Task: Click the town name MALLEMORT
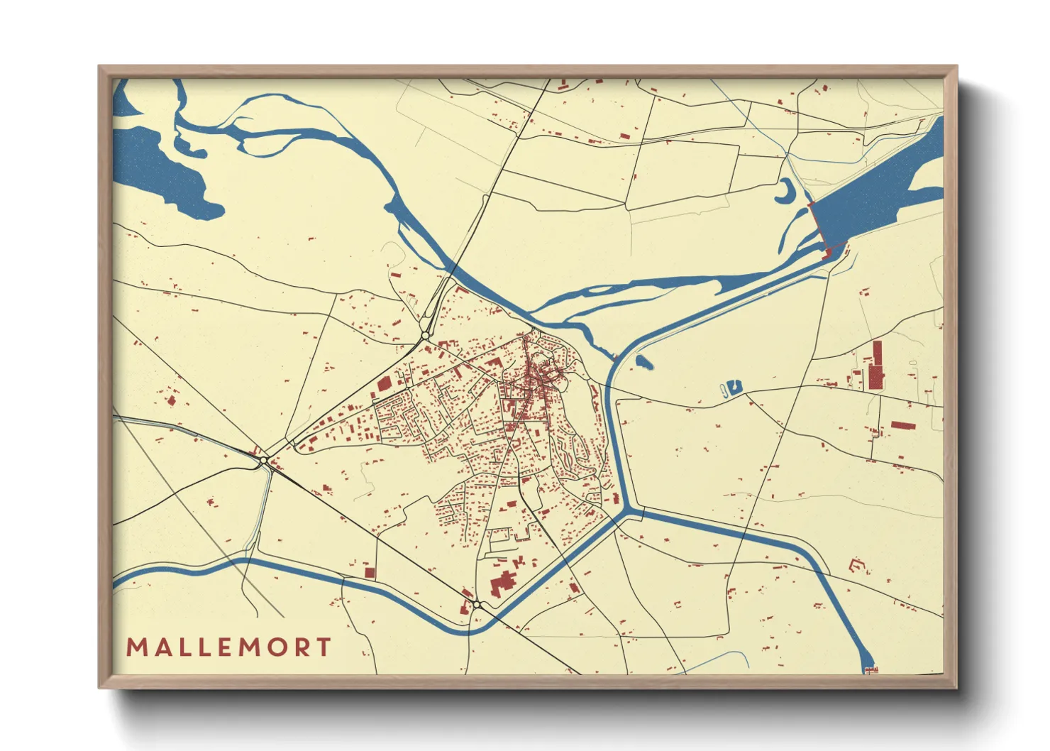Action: click(228, 647)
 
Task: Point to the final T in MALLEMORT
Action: click(324, 647)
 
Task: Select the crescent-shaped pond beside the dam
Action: click(787, 191)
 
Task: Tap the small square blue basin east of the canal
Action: click(734, 387)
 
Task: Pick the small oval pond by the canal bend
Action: click(643, 363)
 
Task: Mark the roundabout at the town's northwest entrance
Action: click(425, 335)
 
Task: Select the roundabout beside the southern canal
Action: click(477, 605)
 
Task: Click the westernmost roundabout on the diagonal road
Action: click(264, 461)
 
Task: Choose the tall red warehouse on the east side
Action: click(877, 366)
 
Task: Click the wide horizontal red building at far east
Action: click(902, 426)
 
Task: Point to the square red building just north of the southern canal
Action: click(369, 572)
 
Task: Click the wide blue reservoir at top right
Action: click(876, 192)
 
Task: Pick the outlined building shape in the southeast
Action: click(858, 566)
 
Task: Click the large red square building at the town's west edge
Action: click(384, 384)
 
